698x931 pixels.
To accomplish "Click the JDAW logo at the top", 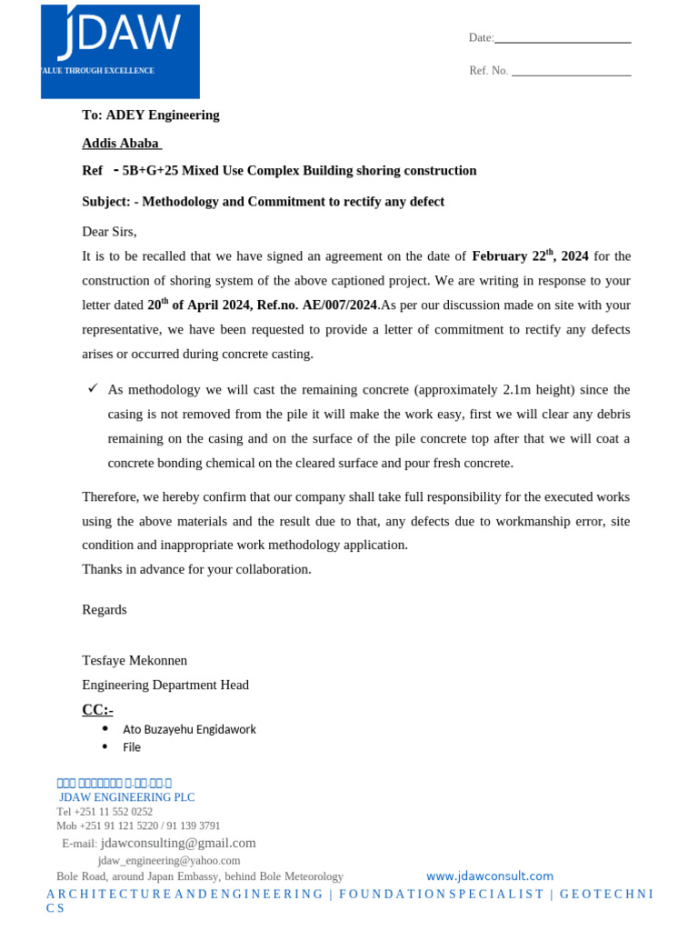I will [120, 51].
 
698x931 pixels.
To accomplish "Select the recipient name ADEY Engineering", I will [163, 115].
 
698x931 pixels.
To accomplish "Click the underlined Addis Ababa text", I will [121, 144].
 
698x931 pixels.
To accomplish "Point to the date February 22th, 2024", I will [530, 256].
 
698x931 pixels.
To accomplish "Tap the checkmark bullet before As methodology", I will [93, 388].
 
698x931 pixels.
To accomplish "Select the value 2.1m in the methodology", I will [518, 390].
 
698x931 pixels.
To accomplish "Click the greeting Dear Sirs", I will [109, 232].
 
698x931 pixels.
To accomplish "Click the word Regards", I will [105, 610].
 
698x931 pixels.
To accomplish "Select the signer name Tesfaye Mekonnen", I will [135, 660].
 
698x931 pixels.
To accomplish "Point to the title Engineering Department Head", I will [165, 686].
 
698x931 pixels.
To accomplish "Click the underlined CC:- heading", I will [97, 709].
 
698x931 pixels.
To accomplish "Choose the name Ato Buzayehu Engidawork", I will [189, 729].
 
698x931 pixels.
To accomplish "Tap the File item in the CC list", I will [132, 747].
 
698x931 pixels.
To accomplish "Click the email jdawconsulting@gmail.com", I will [178, 844].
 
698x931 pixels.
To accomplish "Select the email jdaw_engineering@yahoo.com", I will [169, 860].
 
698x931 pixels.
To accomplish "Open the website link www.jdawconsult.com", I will [489, 876].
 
